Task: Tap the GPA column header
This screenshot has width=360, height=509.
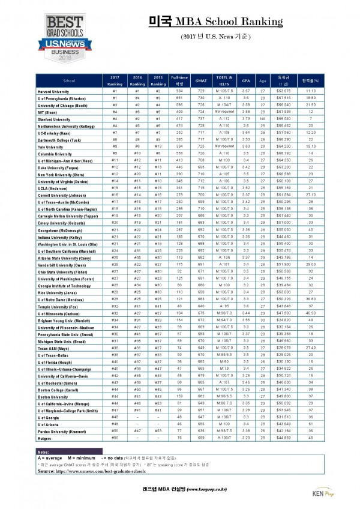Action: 246,80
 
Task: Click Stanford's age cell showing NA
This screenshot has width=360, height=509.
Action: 263,119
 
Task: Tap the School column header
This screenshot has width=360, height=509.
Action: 69,80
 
